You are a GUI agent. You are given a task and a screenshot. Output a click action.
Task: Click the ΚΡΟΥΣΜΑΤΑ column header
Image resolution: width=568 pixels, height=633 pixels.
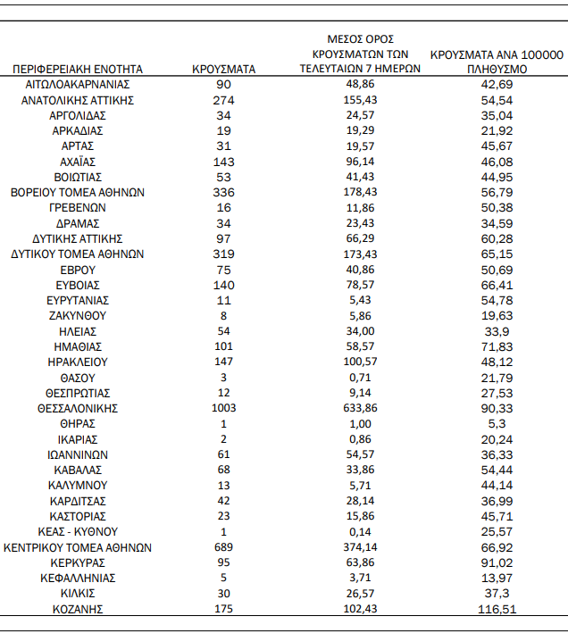click(224, 69)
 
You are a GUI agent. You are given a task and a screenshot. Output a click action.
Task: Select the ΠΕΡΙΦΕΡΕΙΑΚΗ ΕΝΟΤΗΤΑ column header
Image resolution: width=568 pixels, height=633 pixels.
click(78, 69)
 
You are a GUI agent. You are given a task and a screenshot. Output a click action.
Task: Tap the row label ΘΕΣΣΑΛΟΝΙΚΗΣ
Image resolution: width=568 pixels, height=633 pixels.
click(78, 408)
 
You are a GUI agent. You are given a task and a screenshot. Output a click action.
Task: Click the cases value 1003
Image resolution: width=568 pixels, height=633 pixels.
click(224, 408)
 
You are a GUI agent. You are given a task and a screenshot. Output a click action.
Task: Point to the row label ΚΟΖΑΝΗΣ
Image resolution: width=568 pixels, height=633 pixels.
click(78, 609)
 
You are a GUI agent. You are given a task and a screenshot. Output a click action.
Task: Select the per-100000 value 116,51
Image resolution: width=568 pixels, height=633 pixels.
click(497, 609)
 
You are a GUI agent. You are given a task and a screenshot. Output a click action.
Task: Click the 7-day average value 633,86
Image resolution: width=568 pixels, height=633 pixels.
click(360, 408)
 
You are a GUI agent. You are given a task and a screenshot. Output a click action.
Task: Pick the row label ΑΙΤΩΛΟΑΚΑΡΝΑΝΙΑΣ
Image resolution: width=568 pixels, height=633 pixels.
click(78, 84)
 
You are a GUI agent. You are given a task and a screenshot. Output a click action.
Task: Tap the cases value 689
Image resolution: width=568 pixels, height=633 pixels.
click(224, 547)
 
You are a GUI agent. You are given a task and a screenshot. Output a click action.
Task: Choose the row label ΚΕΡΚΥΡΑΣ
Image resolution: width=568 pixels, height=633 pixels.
click(78, 562)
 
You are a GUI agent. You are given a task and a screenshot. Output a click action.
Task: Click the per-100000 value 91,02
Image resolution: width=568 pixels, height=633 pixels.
click(497, 562)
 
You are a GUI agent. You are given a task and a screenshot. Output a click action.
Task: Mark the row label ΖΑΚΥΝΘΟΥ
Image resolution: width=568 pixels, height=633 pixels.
click(78, 315)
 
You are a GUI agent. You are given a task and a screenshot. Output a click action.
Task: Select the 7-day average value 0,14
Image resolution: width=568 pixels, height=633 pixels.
click(360, 531)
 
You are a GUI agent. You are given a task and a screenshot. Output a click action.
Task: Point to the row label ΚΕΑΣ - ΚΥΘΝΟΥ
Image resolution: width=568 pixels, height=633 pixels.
click(78, 531)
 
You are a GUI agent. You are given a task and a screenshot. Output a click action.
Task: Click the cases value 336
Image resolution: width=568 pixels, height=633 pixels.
click(224, 192)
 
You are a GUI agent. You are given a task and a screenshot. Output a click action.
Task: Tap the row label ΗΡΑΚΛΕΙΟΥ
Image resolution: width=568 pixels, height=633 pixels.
click(78, 362)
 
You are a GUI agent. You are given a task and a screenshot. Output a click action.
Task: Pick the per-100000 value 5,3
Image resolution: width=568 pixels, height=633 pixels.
click(497, 423)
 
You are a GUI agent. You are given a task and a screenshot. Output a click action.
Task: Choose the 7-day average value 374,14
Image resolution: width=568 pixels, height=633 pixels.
click(360, 547)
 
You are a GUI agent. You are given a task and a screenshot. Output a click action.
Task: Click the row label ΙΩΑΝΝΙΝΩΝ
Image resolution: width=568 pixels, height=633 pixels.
click(78, 454)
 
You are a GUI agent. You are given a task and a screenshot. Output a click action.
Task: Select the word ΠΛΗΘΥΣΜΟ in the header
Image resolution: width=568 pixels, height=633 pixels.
click(497, 69)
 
